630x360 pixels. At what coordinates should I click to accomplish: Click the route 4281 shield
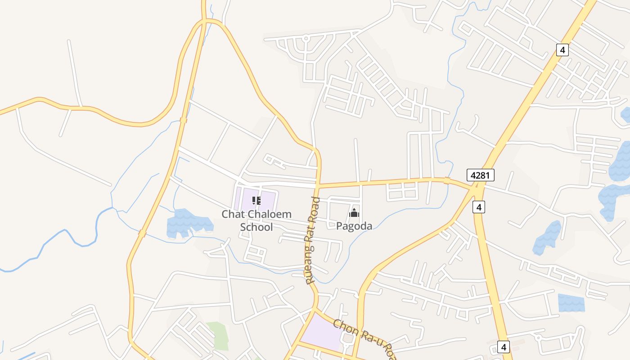coord(480,175)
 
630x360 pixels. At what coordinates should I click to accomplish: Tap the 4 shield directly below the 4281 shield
coord(479,207)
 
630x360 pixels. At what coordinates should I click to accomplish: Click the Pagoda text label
coord(354,226)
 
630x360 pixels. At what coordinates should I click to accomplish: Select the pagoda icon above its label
coord(354,213)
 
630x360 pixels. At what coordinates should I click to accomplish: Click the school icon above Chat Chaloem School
coord(256,201)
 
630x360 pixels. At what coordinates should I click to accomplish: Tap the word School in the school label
coord(256,227)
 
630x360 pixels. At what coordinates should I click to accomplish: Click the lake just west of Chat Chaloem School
coord(187,223)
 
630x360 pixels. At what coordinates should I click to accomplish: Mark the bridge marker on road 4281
coord(446,180)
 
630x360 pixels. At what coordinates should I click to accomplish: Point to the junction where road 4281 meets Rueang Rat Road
coord(318,185)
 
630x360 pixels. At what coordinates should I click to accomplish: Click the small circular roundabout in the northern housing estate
coord(306,38)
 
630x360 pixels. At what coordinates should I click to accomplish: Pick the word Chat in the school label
coord(233,214)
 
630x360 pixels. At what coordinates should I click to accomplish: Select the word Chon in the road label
coord(346,328)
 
